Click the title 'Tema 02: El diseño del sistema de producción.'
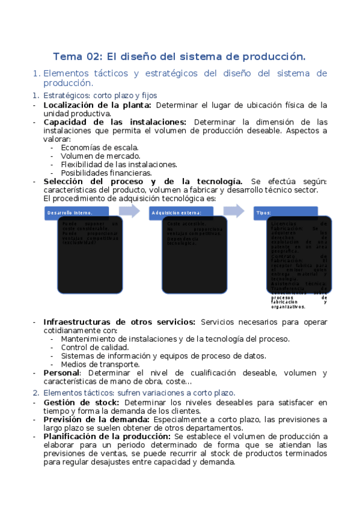click(179, 57)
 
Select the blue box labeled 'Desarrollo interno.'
click(76, 213)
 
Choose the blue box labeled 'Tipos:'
click(286, 213)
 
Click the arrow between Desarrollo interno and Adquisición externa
click(129, 210)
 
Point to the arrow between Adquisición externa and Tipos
click(234, 210)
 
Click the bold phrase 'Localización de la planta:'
click(97, 105)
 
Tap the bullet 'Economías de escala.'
click(100, 147)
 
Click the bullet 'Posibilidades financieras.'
click(106, 173)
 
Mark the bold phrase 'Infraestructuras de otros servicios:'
click(120, 322)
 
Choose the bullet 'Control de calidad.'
click(95, 347)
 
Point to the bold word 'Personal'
click(62, 373)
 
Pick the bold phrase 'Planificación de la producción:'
click(107, 436)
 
